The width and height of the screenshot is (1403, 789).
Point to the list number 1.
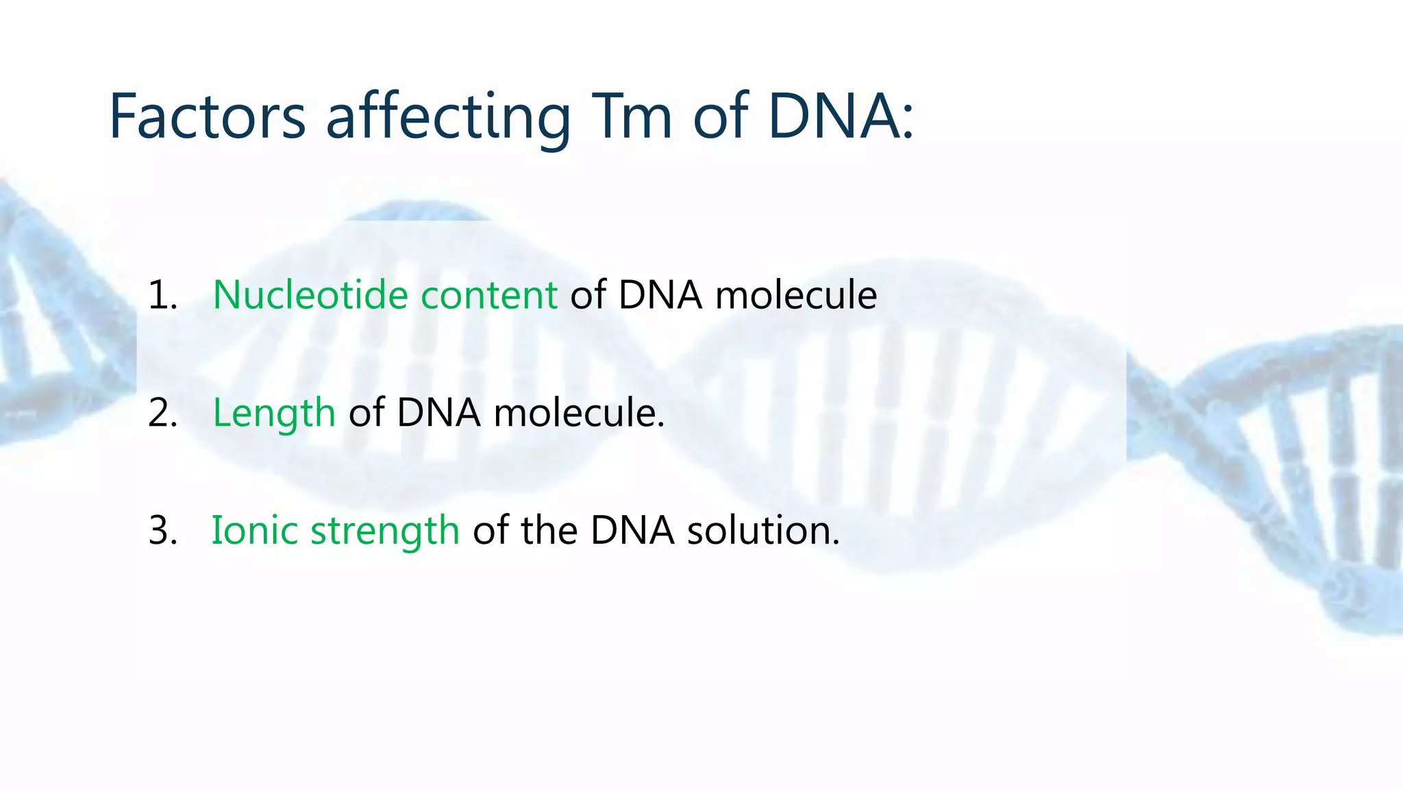coord(162,295)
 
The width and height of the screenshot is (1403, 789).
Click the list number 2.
coord(162,413)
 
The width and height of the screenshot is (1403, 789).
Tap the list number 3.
coord(162,530)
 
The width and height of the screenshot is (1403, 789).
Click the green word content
coord(488,295)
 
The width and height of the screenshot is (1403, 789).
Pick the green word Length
coord(273,414)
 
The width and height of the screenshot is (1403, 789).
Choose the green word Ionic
coord(254,530)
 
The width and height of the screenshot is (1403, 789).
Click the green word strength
coord(384,531)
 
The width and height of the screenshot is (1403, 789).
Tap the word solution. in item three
coord(763,530)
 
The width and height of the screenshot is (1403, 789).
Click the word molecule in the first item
coord(795,295)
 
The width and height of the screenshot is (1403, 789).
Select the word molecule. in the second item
coord(579,413)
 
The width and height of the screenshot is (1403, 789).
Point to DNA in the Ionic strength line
coord(632,530)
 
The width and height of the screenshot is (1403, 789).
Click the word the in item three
coord(549,530)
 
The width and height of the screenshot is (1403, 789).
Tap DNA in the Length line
coord(438,413)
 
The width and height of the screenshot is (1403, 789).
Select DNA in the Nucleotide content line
coord(660,295)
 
